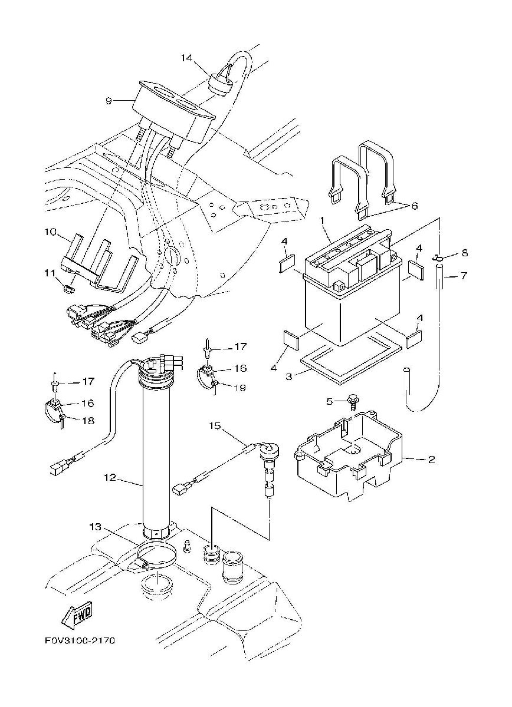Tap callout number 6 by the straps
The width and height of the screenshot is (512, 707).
[414, 206]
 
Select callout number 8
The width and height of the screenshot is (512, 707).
[465, 253]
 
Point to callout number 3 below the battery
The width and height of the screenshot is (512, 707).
[288, 376]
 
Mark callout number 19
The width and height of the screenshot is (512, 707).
[241, 387]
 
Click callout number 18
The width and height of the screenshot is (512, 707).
[88, 421]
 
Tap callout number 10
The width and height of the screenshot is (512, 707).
[50, 232]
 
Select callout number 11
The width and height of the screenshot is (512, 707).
[50, 272]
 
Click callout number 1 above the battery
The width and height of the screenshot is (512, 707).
[323, 220]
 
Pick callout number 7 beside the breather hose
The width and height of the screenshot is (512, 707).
[463, 276]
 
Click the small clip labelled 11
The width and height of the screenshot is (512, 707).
[68, 289]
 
